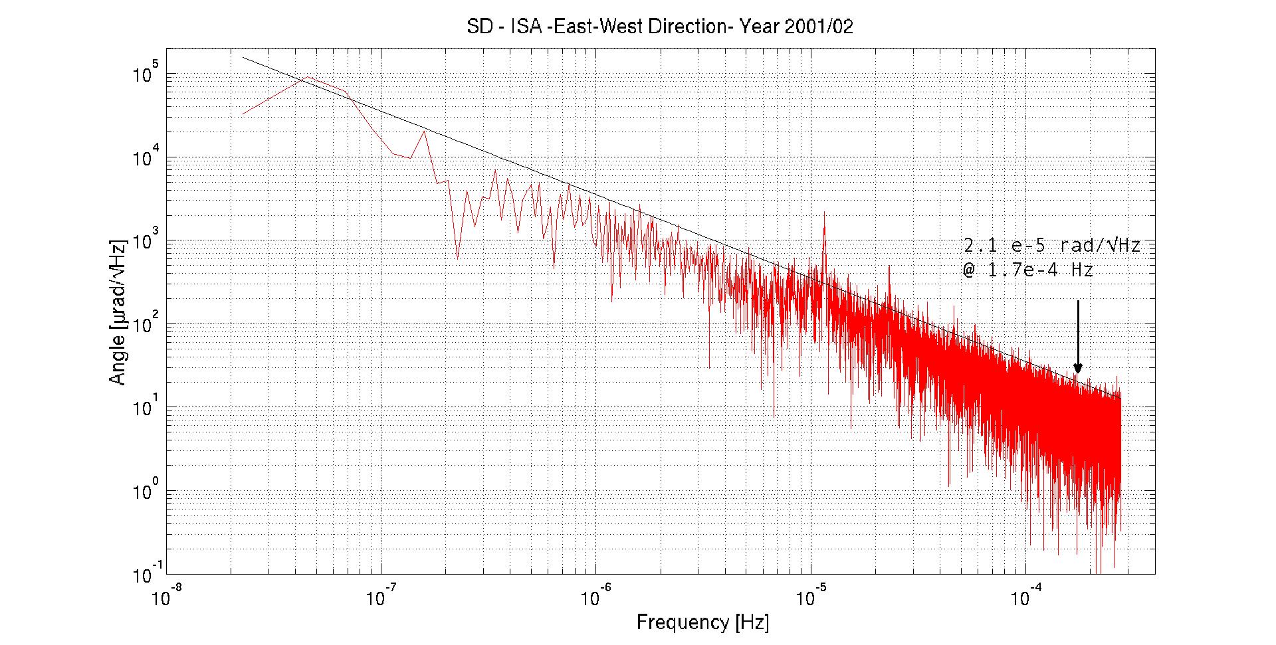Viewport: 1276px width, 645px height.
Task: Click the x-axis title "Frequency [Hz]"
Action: pyautogui.click(x=702, y=623)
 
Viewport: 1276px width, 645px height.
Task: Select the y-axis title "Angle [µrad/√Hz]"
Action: pyautogui.click(x=118, y=310)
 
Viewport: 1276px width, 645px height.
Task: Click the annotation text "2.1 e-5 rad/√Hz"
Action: pyautogui.click(x=1052, y=246)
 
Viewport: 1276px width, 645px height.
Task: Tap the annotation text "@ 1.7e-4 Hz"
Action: pyautogui.click(x=1028, y=270)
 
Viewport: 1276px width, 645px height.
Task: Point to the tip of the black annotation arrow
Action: pyautogui.click(x=1078, y=373)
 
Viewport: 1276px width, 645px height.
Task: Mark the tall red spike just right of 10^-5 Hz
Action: pyautogui.click(x=824, y=214)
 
